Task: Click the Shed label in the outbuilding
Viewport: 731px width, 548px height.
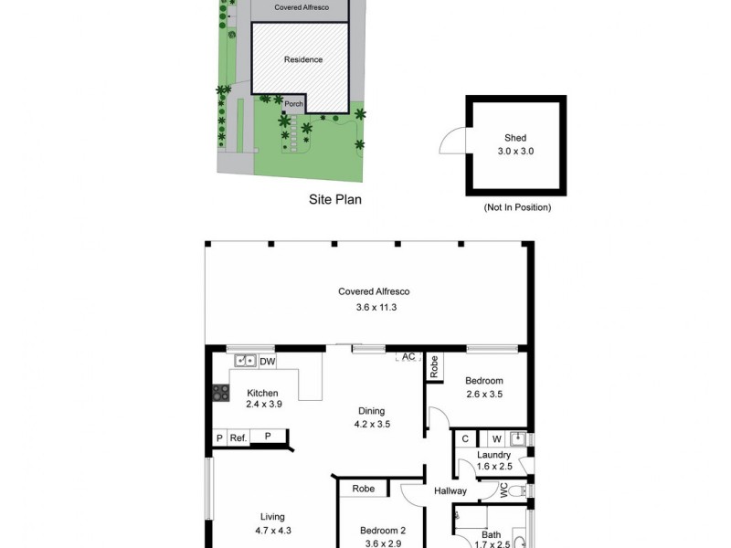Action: tap(515, 139)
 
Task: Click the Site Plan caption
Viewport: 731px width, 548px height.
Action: tap(334, 198)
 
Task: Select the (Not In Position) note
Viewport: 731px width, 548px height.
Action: tap(517, 208)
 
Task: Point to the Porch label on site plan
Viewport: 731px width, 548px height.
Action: tap(293, 104)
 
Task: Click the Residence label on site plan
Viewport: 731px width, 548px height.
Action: tap(302, 60)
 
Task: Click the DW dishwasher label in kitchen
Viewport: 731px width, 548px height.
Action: tap(268, 363)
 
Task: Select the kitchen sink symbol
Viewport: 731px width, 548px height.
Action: tap(245, 361)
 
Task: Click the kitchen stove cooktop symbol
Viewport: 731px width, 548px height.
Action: tap(221, 394)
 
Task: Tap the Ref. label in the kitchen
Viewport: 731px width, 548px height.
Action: tap(238, 438)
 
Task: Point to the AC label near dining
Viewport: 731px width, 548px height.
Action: tap(408, 356)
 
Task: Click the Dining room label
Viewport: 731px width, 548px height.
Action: tap(371, 411)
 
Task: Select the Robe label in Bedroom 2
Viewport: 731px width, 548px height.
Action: tap(364, 489)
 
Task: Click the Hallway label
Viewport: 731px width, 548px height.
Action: tap(450, 491)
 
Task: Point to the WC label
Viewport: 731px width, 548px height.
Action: tap(503, 490)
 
